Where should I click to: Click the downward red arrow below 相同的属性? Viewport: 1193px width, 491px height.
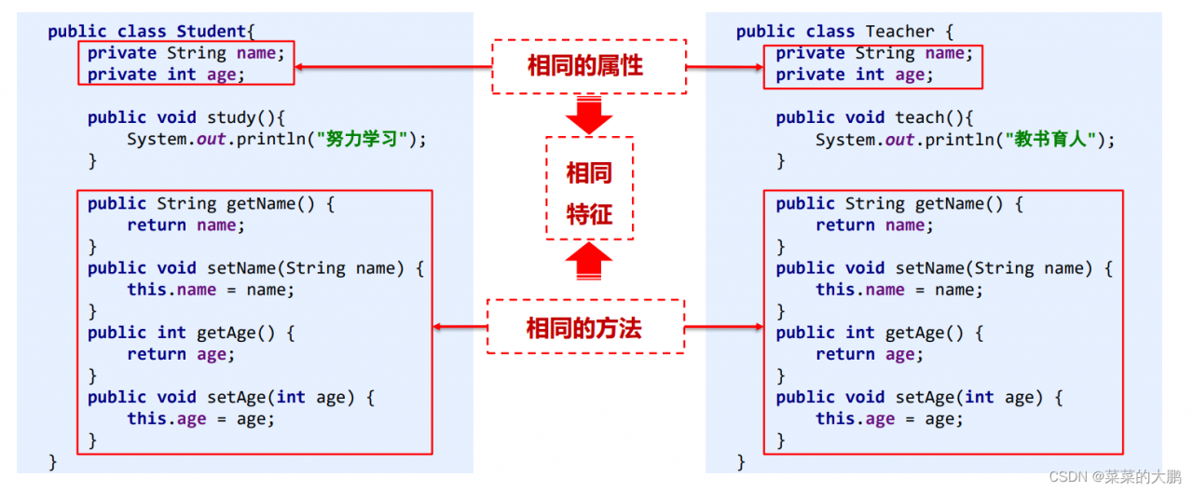tap(589, 115)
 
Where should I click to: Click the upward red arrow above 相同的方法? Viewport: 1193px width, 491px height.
tap(589, 263)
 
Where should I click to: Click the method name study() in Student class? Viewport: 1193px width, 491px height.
tap(237, 117)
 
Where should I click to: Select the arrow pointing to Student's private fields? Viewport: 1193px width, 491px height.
tap(391, 66)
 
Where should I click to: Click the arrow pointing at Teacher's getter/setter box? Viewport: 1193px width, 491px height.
tap(724, 326)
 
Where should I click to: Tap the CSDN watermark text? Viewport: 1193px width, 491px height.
tap(1115, 477)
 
